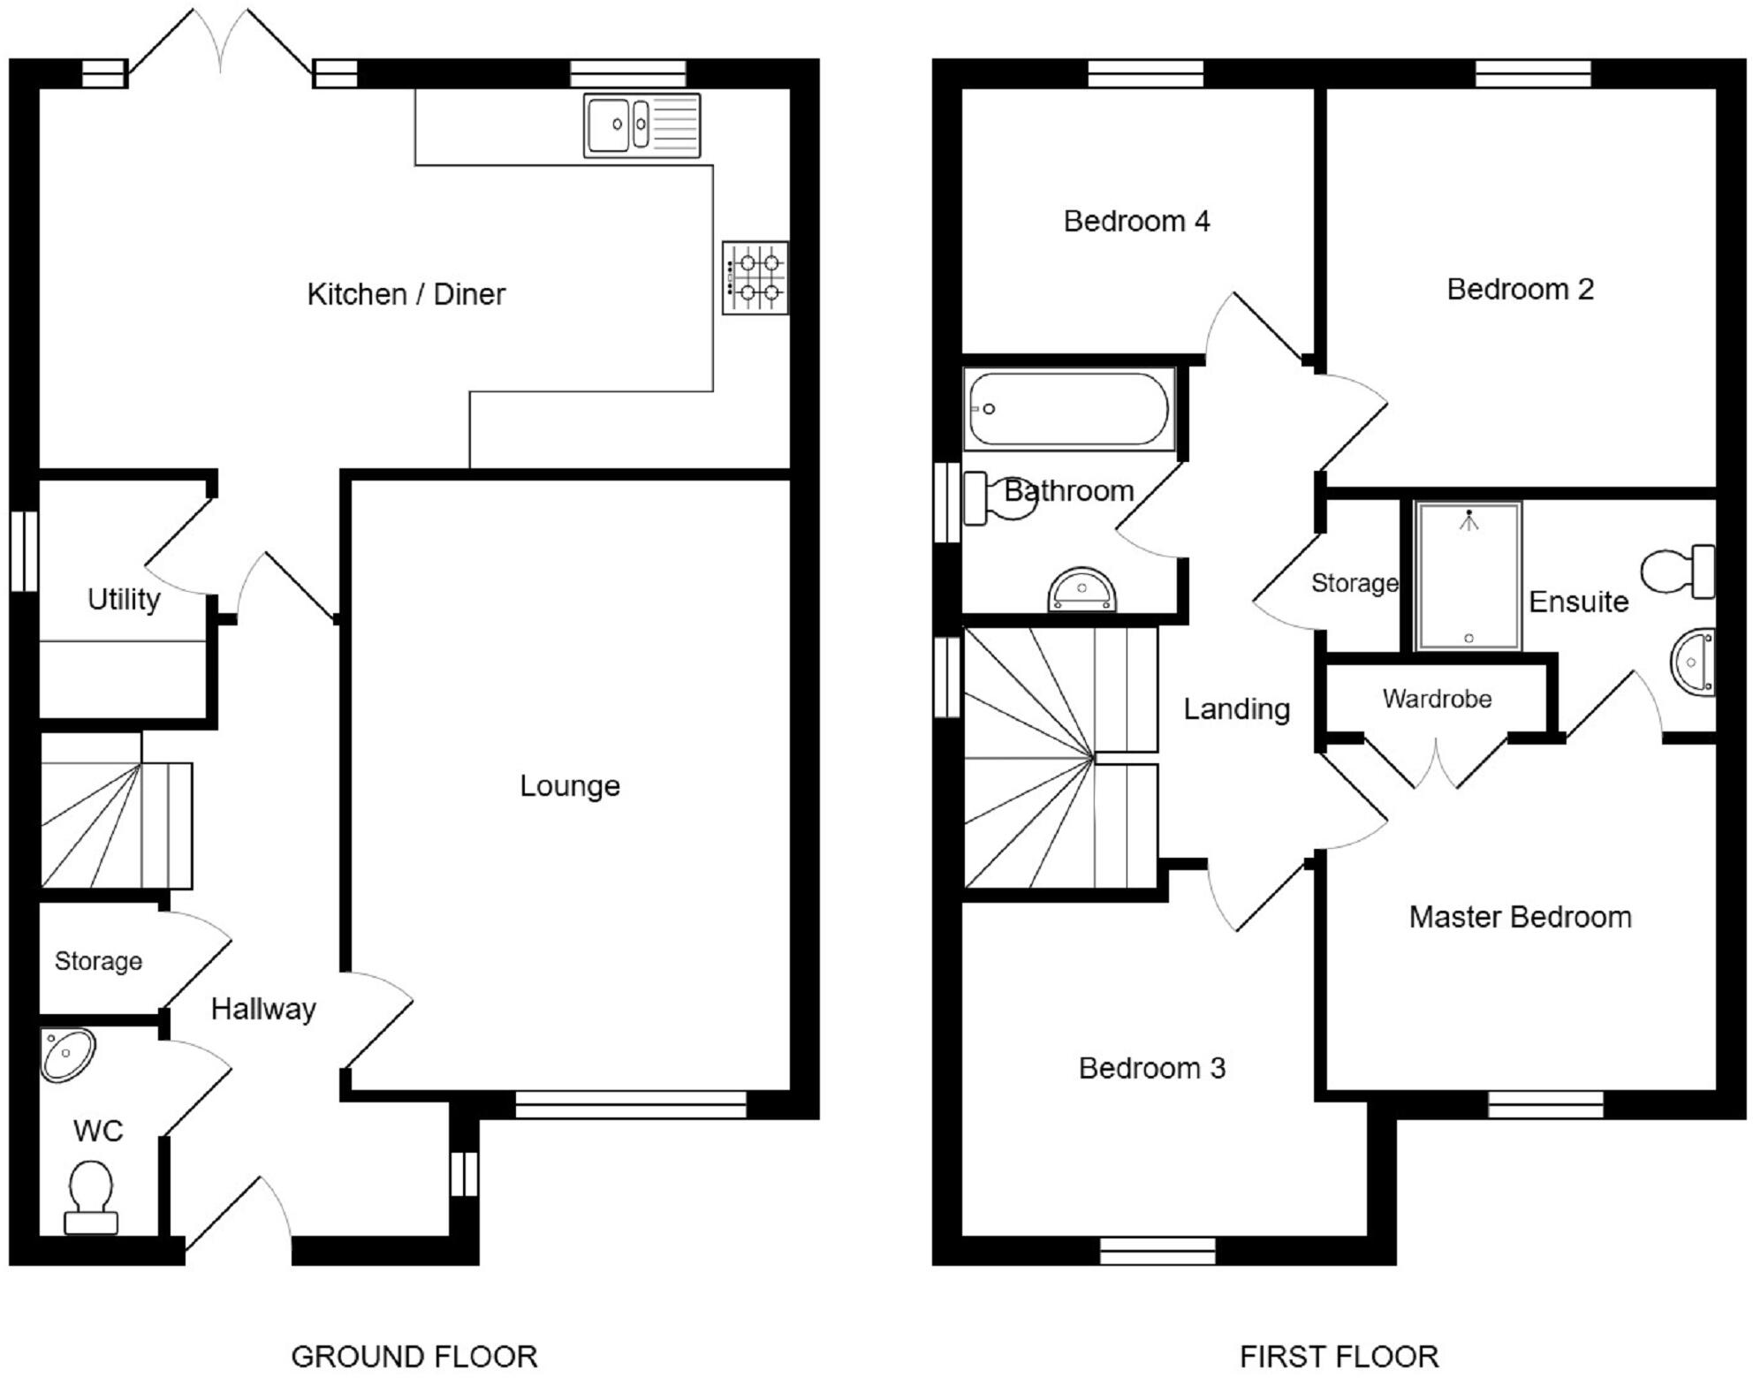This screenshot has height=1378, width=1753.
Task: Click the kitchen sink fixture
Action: point(641,125)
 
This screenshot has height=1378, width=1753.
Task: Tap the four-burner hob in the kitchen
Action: point(755,277)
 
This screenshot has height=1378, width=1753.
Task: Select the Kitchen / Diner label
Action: point(406,294)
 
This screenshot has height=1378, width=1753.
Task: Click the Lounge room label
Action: point(570,785)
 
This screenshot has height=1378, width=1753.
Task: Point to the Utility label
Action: point(124,600)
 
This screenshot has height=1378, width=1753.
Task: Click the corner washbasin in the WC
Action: point(67,1055)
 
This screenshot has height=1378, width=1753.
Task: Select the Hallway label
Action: point(263,1009)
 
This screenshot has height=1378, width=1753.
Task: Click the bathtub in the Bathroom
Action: point(1069,409)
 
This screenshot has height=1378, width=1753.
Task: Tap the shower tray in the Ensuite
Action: point(1468,576)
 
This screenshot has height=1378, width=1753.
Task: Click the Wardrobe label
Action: point(1437,699)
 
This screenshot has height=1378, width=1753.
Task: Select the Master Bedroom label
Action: point(1520,917)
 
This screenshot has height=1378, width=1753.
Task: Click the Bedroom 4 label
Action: point(1136,221)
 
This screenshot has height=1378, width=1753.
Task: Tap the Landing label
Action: point(1236,708)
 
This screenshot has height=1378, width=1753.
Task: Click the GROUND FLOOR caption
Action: point(414,1356)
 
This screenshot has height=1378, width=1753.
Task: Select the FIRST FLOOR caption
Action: point(1339,1356)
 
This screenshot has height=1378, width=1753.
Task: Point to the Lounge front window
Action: point(631,1104)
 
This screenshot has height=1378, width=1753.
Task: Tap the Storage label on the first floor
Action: point(1355,583)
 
